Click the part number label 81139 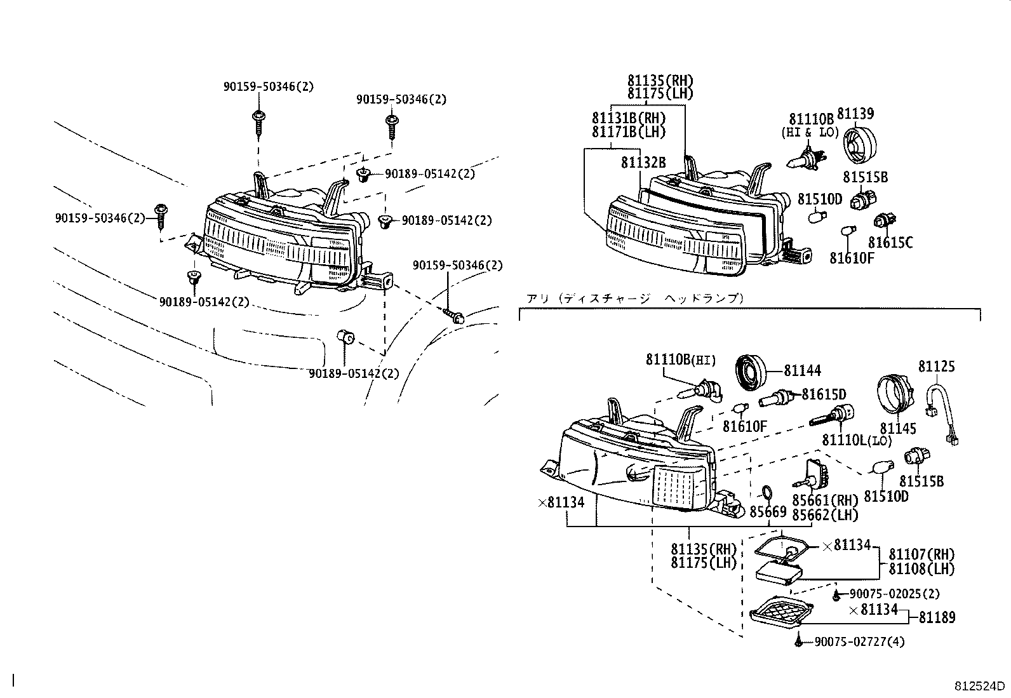point(855,114)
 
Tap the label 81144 point(802,371)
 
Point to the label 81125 point(936,366)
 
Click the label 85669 point(768,511)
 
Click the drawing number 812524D point(980,687)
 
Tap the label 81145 point(897,429)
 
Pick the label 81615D point(824,394)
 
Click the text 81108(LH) point(921,569)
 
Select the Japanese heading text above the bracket point(634,298)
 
